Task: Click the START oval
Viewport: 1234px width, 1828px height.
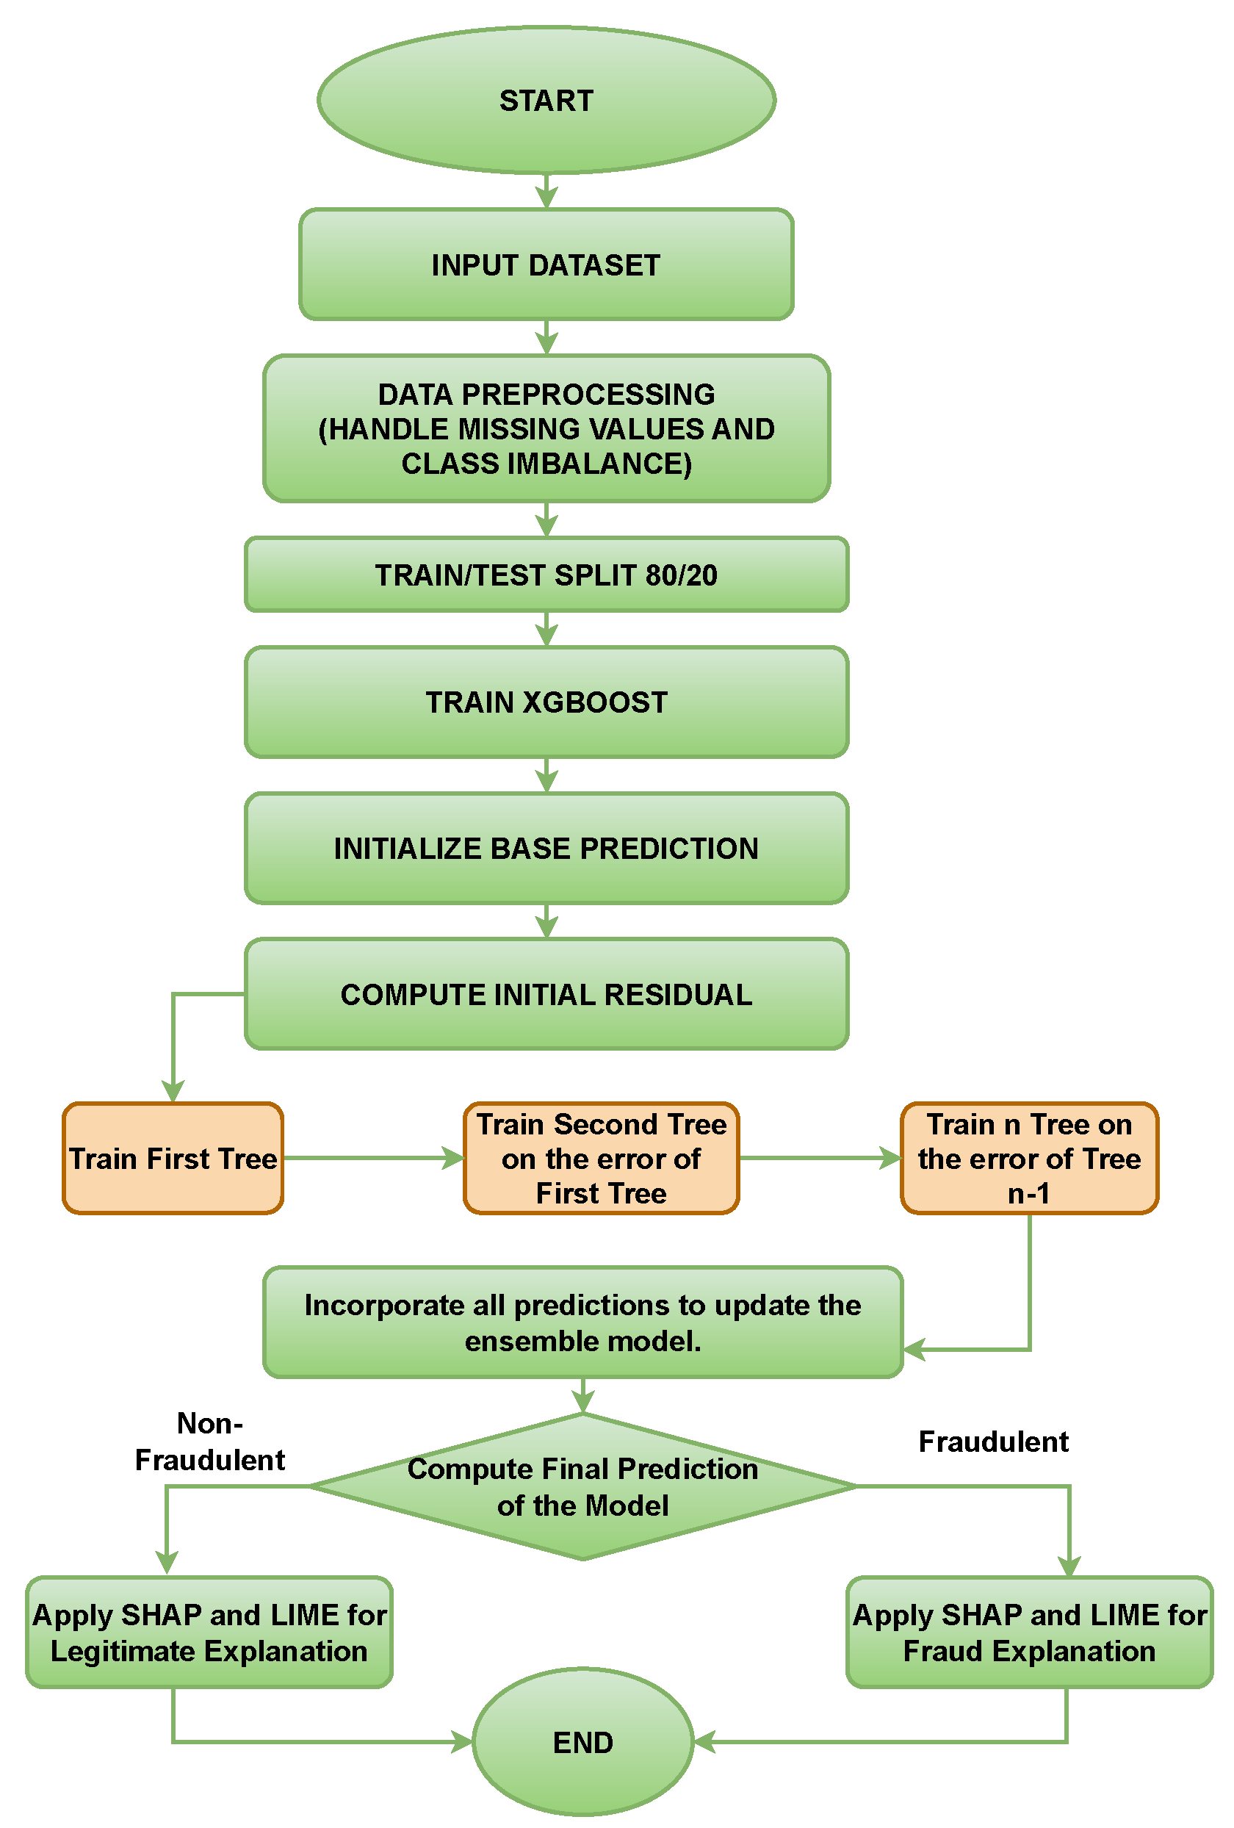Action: [x=546, y=101]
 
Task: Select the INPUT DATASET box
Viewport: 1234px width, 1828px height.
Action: [x=546, y=265]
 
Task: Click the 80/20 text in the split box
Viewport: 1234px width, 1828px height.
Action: [x=681, y=576]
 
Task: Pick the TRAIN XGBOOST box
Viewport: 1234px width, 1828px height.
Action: [x=546, y=702]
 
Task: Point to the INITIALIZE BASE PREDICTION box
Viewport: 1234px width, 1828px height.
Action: [x=546, y=849]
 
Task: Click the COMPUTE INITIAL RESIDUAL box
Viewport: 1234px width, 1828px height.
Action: [x=546, y=995]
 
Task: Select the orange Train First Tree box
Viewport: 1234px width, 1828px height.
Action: [x=173, y=1159]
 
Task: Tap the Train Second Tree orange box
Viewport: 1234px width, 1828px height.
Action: [x=601, y=1159]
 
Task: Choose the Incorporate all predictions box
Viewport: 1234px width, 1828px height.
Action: [x=582, y=1323]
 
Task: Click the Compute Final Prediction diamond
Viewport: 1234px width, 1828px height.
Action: [x=582, y=1487]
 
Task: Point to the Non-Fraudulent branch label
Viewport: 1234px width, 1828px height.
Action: [x=209, y=1442]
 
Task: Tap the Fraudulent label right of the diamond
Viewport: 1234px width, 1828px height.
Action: [x=992, y=1442]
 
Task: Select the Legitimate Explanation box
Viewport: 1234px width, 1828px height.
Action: [x=209, y=1633]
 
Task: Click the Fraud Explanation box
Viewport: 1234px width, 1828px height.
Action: [x=1029, y=1633]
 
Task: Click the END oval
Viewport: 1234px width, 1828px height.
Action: [x=582, y=1743]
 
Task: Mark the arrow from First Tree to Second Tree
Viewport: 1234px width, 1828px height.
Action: [x=373, y=1159]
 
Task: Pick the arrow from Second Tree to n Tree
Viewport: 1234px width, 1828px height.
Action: [x=819, y=1159]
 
